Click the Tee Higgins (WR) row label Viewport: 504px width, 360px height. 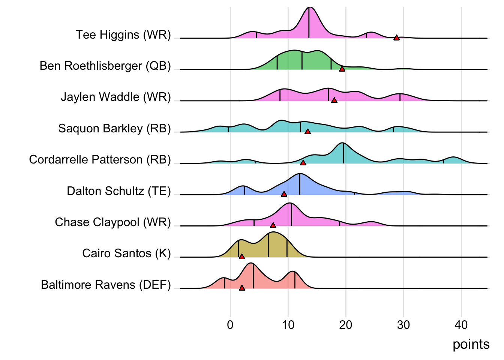(123, 35)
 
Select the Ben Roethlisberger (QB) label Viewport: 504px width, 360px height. (105, 66)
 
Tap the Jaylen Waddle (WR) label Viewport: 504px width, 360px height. (115, 97)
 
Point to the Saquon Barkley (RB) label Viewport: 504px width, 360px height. (114, 129)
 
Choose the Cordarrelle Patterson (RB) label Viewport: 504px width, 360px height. (100, 160)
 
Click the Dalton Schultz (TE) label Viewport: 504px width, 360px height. (118, 191)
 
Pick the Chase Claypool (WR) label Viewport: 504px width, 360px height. (112, 222)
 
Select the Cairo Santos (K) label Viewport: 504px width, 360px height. (126, 253)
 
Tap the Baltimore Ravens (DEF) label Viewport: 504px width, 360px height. (106, 285)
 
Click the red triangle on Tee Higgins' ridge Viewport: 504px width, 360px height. (396, 38)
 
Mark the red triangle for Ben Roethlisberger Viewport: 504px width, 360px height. (342, 69)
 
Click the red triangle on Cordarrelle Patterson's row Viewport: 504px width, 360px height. (303, 163)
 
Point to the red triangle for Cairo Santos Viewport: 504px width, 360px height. (242, 256)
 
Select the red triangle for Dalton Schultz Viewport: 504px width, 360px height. (284, 194)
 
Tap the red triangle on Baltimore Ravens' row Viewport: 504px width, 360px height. (242, 288)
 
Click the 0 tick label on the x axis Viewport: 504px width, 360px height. (230, 325)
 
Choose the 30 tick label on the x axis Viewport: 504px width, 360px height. (403, 325)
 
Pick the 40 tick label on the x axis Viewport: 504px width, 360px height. (461, 325)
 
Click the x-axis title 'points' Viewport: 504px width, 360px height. (471, 344)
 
